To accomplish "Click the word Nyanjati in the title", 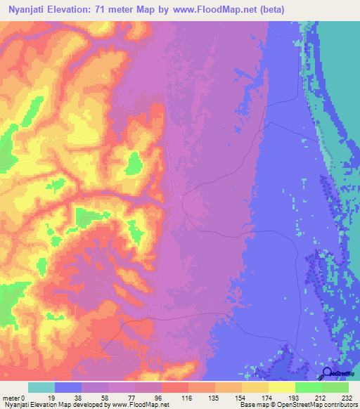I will coord(31,9).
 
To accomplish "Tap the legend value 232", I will coord(348,398).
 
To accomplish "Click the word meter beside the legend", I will coord(12,398).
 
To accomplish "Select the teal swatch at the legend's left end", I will coord(41,387).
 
